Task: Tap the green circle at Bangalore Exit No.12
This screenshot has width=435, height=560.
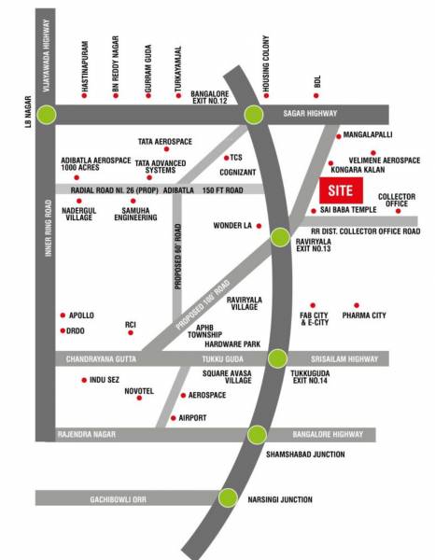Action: pyautogui.click(x=253, y=114)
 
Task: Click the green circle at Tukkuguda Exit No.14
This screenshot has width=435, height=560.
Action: pyautogui.click(x=275, y=357)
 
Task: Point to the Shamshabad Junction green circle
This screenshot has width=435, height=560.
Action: pyautogui.click(x=257, y=434)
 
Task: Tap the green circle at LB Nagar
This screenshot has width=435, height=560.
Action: pyautogui.click(x=47, y=114)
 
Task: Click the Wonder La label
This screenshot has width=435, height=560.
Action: pyautogui.click(x=233, y=225)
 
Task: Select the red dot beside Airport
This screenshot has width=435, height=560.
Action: pyautogui.click(x=174, y=418)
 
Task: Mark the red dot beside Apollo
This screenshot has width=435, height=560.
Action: pyautogui.click(x=63, y=315)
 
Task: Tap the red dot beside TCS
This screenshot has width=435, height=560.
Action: pyautogui.click(x=226, y=157)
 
